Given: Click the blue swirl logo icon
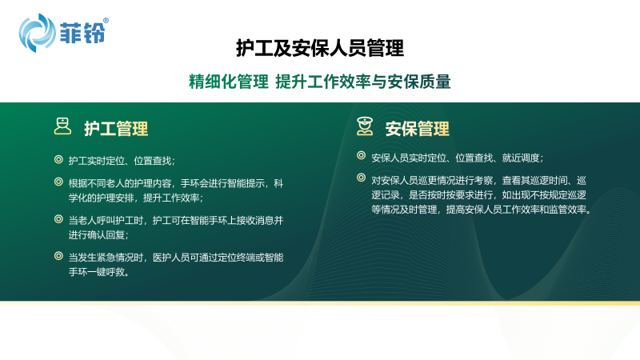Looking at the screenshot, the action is click(x=37, y=33).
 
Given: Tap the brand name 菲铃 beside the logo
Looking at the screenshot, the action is click(x=82, y=33).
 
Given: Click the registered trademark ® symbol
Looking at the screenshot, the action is click(x=106, y=21).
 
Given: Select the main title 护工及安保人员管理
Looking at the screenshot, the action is click(x=320, y=48).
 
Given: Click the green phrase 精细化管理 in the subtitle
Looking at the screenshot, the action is click(x=229, y=82).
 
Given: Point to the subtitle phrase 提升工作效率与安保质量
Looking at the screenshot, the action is click(x=363, y=82).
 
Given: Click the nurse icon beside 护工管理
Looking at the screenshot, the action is click(x=62, y=126).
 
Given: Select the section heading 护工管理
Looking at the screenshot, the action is click(x=116, y=129).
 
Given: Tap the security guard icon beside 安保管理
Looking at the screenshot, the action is click(x=365, y=126).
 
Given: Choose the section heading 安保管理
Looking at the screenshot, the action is click(x=417, y=129).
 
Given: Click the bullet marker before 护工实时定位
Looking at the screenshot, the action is click(x=58, y=159).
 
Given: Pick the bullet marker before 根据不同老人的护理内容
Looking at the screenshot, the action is click(x=58, y=182).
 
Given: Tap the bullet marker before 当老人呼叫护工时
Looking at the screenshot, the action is click(x=58, y=219).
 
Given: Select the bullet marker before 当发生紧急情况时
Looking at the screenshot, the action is click(x=58, y=256).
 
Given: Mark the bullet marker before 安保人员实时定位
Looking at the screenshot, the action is click(x=361, y=155).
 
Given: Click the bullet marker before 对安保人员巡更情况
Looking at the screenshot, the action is click(x=361, y=178).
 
